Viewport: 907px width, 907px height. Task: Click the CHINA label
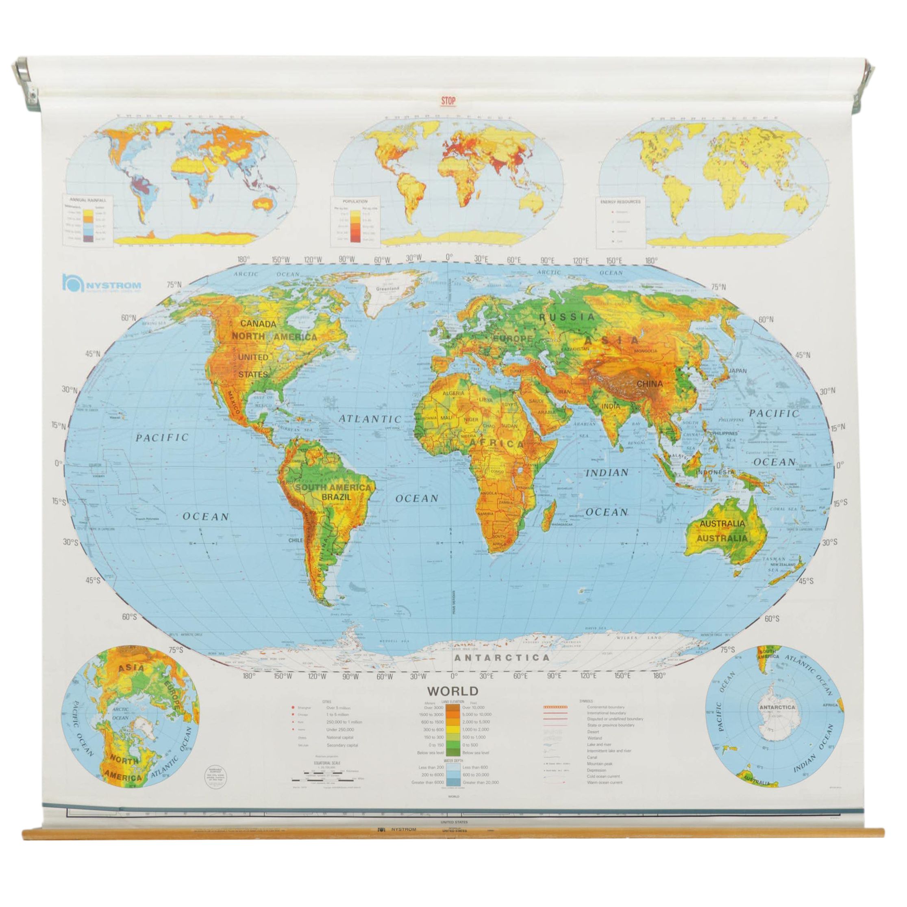coord(650,383)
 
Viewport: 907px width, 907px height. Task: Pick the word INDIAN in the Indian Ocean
coord(607,473)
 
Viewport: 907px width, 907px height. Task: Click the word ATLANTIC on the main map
coord(371,419)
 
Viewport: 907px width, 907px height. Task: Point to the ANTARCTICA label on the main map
coord(501,658)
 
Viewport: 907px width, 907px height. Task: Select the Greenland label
coord(388,288)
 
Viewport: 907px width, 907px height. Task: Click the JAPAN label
coord(737,370)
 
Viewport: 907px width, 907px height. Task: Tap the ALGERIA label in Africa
coord(453,393)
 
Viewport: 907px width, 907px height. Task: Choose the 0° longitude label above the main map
coord(449,258)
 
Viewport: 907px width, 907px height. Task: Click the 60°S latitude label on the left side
coord(130,616)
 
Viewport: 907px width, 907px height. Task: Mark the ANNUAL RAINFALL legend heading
coord(88,200)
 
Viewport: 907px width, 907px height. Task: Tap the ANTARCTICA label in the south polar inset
coord(777,720)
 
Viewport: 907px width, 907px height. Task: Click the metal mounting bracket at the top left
coord(30,87)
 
